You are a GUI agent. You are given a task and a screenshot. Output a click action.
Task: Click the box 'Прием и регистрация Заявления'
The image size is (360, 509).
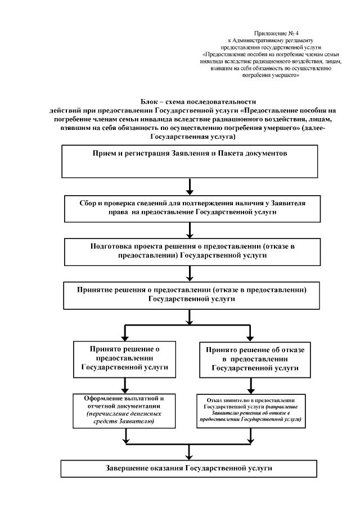191,161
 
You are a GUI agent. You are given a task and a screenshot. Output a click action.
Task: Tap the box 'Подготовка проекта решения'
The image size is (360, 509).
191,251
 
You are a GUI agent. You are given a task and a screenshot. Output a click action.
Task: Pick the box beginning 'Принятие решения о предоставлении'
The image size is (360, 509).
191,295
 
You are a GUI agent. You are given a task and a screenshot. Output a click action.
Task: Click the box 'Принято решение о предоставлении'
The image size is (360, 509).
124,359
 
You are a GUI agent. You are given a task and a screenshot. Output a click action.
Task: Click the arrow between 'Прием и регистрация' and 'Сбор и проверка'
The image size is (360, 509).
191,186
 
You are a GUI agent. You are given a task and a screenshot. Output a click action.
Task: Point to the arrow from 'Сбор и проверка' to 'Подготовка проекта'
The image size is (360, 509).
191,230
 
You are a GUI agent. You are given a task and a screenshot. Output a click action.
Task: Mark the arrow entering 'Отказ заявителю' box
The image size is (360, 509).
251,386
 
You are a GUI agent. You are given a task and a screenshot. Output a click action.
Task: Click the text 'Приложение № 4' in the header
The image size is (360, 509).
269,34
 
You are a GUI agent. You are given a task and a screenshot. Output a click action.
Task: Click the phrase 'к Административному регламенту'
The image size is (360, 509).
269,41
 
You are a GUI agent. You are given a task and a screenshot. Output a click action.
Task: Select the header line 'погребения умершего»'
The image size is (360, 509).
269,75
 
